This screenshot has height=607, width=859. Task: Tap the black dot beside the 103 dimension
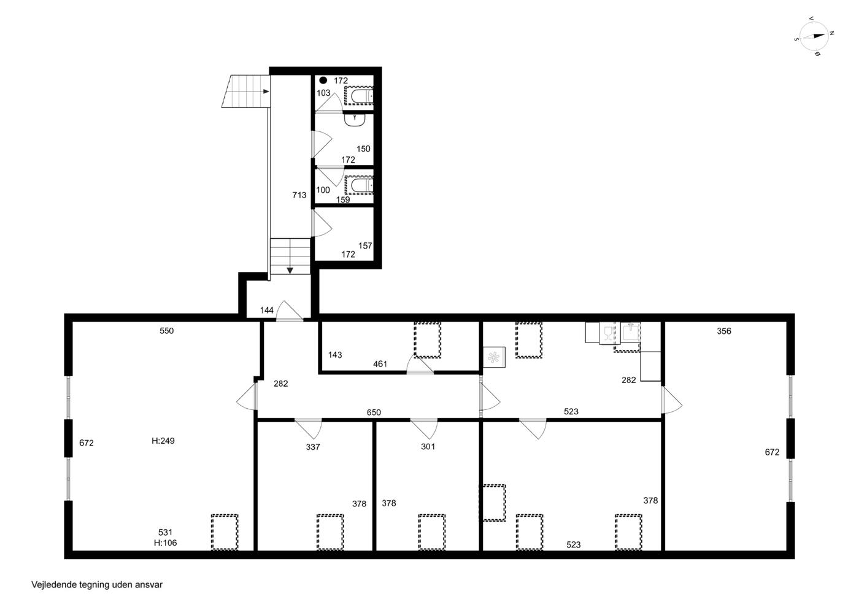pyautogui.click(x=323, y=80)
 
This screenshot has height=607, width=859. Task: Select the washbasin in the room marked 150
pyautogui.click(x=355, y=120)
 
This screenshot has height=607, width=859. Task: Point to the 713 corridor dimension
pyautogui.click(x=299, y=195)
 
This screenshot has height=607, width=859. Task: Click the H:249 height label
pyautogui.click(x=163, y=441)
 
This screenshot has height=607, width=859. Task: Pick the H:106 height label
pyautogui.click(x=165, y=543)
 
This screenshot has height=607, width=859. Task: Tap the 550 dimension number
pyautogui.click(x=167, y=331)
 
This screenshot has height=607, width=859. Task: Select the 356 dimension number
pyautogui.click(x=724, y=331)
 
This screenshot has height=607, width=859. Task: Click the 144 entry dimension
pyautogui.click(x=266, y=310)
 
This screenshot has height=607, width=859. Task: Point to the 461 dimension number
pyautogui.click(x=380, y=364)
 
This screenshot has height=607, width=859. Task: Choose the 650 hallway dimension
pyautogui.click(x=374, y=412)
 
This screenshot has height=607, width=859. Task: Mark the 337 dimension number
pyautogui.click(x=313, y=447)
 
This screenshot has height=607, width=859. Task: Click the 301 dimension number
pyautogui.click(x=428, y=446)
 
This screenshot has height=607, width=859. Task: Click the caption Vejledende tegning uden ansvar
pyautogui.click(x=97, y=585)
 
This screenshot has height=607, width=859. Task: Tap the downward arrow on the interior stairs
pyautogui.click(x=290, y=271)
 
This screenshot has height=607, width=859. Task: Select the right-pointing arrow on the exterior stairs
pyautogui.click(x=266, y=91)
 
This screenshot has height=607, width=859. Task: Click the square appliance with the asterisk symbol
pyautogui.click(x=494, y=357)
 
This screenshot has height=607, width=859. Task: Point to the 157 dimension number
pyautogui.click(x=365, y=246)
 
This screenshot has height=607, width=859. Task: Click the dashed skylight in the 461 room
pyautogui.click(x=427, y=340)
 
